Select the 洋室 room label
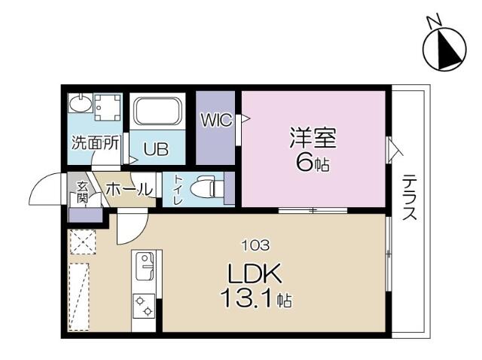pos(313,139)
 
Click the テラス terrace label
pos(410,197)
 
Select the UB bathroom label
pos(156,149)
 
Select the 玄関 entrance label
pos(81,191)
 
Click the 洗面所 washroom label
pos(94,143)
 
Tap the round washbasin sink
pos(78,102)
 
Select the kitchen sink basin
pos(144,264)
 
